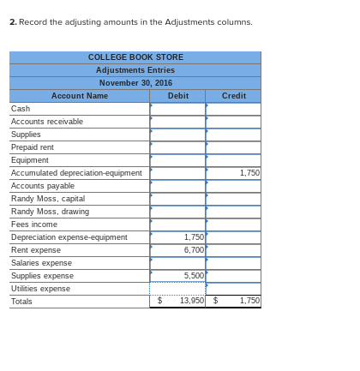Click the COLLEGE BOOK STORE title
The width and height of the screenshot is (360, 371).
[135, 57]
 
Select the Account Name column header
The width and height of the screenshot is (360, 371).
[80, 96]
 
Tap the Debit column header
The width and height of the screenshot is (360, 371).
[178, 96]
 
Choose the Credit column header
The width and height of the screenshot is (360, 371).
[233, 96]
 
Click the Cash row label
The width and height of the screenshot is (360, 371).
[21, 109]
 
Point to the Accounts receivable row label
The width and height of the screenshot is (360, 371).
[47, 122]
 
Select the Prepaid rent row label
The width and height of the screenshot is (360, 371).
[33, 147]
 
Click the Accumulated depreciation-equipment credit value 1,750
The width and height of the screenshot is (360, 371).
[249, 173]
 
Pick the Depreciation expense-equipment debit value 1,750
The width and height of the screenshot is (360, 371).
[194, 237]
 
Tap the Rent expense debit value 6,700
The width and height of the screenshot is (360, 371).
[194, 250]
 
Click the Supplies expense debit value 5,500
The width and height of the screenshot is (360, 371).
[194, 276]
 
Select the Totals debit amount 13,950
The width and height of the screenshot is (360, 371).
[192, 301]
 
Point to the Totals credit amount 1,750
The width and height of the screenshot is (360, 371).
[249, 301]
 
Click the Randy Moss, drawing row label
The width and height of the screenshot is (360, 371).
[50, 212]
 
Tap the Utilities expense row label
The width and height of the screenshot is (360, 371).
[40, 289]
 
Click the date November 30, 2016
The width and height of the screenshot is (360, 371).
[135, 83]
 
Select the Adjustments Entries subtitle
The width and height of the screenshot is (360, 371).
[135, 70]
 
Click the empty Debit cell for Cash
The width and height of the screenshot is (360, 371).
[178, 109]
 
